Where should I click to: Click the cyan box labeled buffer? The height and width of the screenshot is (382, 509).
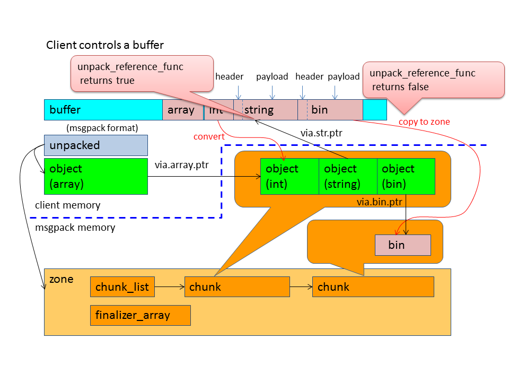click(103, 110)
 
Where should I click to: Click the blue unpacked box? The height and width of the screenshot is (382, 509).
click(95, 145)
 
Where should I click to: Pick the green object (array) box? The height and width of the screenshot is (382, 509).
click(95, 176)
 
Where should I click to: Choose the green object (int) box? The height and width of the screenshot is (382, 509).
click(289, 176)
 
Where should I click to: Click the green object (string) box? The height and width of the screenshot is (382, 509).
click(348, 176)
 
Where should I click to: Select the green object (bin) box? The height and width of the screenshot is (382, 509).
click(406, 176)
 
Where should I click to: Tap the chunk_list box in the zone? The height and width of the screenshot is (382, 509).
click(122, 287)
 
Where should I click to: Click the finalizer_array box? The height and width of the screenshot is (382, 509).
click(140, 315)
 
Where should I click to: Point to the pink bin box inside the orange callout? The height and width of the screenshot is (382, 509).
click(402, 245)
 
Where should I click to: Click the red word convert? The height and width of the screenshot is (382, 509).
click(208, 137)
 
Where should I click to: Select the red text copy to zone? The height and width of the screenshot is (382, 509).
click(424, 122)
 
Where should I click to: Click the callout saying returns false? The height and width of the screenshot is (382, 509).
click(433, 80)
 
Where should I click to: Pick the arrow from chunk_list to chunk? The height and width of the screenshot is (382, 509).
click(169, 287)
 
